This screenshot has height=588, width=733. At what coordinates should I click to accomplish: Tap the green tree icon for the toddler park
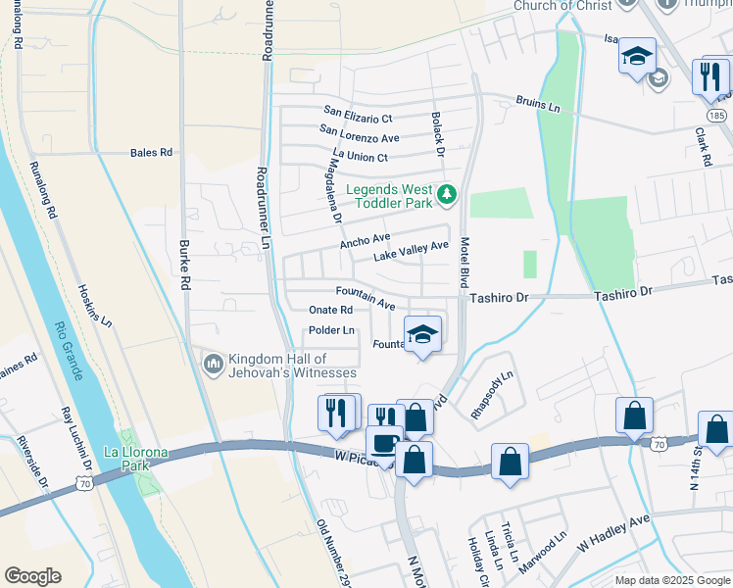pyautogui.click(x=448, y=194)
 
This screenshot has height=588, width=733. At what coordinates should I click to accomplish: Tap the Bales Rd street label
pyautogui.click(x=151, y=153)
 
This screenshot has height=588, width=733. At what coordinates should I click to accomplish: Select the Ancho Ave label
pyautogui.click(x=365, y=239)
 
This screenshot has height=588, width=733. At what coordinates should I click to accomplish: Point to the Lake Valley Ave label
pyautogui.click(x=412, y=251)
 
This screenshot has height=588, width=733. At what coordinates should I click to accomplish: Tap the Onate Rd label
pyautogui.click(x=330, y=310)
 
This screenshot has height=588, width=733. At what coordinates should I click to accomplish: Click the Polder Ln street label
pyautogui.click(x=331, y=330)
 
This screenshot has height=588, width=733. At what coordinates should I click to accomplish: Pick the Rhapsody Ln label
pyautogui.click(x=492, y=395)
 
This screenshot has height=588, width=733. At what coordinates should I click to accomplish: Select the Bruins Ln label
pyautogui.click(x=538, y=106)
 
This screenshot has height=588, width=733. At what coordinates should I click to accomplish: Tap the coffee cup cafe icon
pyautogui.click(x=384, y=442)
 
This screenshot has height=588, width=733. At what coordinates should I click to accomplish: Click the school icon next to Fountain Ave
pyautogui.click(x=422, y=335)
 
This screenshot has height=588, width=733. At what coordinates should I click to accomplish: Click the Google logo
pyautogui.click(x=32, y=576)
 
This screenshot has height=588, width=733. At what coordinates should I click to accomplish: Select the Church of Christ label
pyautogui.click(x=563, y=6)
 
